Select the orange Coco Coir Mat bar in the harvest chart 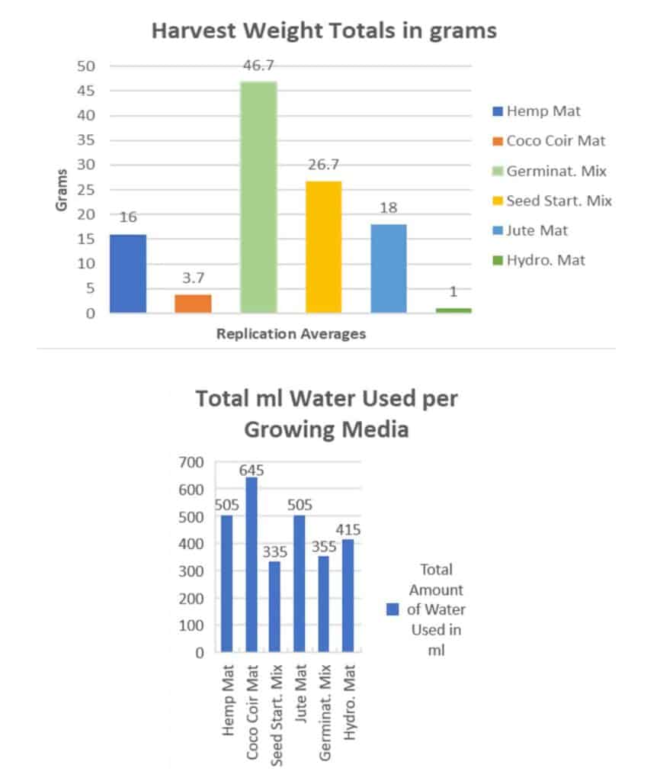pyautogui.click(x=193, y=304)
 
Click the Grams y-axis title pyautogui.click(x=63, y=190)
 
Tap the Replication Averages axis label pyautogui.click(x=290, y=334)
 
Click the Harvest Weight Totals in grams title pyautogui.click(x=324, y=31)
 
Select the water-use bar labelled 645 pyautogui.click(x=251, y=564)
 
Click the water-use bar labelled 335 pyautogui.click(x=275, y=606)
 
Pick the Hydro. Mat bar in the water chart pyautogui.click(x=348, y=596)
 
